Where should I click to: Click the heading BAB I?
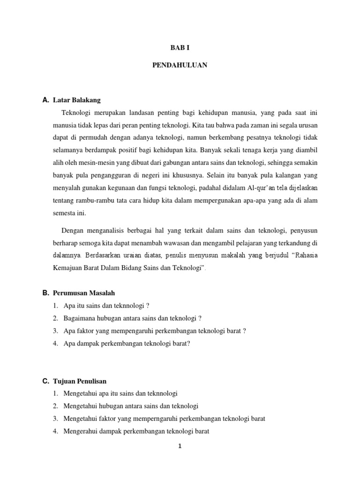pos(180,47)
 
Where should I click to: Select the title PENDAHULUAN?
pos(180,65)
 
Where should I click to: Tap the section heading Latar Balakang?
pos(77,100)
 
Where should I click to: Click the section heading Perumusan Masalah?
pos(84,292)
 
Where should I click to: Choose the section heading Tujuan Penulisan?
pos(80,381)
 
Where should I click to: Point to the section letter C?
pos(45,381)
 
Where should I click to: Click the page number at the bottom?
pos(180,446)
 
